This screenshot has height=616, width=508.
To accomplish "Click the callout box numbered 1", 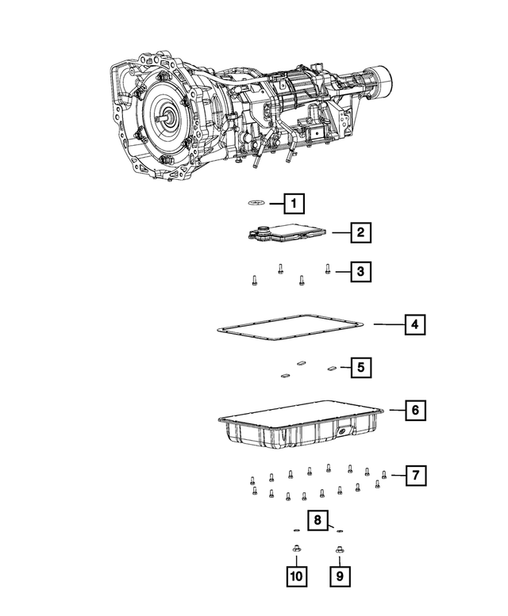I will [294, 204].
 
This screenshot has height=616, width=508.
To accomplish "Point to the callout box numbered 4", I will [414, 323].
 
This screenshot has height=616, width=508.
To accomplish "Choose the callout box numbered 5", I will [360, 367].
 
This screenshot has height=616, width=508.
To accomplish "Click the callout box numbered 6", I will [414, 411].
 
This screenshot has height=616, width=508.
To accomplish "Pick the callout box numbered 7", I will [414, 475].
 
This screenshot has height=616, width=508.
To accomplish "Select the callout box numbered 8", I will [317, 520].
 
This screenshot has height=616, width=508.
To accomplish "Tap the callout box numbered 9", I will [340, 576].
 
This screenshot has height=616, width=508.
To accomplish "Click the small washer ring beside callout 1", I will [256, 204].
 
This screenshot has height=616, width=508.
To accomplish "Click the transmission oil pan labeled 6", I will [302, 428].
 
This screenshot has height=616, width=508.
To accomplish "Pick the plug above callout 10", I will [294, 549].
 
